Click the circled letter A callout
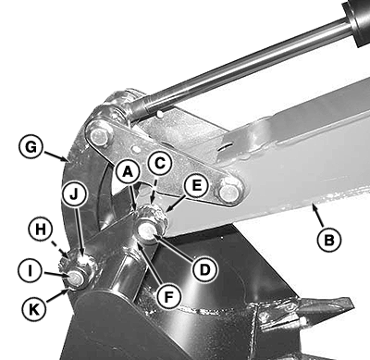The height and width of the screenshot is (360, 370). pos(129,172)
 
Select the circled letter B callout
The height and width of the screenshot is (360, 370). pos(329,240)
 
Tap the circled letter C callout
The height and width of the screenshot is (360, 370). pos(159,164)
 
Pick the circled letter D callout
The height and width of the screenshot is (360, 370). pos(204,270)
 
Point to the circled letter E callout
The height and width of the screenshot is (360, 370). pos(196,187)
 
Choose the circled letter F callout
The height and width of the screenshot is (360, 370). pos(169,296)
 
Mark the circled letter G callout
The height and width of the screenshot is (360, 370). pos(31,147)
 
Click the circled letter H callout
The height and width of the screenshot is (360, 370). pos(41,230)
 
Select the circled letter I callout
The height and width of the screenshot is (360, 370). pos(30,271)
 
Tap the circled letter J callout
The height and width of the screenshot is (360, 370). pos(73,194)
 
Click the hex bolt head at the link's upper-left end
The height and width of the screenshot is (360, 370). pos(99,136)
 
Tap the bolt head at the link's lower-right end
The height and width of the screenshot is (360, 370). pos(228,192)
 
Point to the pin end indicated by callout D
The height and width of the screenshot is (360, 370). pos(147,230)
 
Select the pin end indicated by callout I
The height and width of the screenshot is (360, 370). pos(75,278)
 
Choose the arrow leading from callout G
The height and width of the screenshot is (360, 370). pos(55,155)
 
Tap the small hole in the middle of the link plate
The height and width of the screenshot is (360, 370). pos(135,149)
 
